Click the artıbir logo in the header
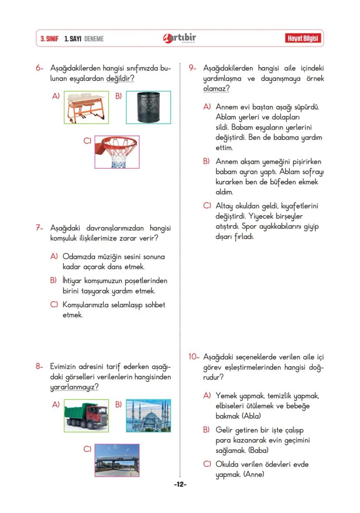click(180, 38)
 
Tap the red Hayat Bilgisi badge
click(303, 39)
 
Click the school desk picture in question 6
click(86, 107)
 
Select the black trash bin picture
click(148, 107)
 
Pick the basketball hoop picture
click(117, 152)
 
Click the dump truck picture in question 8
click(86, 416)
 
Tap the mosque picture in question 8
click(148, 416)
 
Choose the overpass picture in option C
click(117, 460)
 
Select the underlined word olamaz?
click(216, 89)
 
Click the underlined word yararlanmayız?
click(74, 387)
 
